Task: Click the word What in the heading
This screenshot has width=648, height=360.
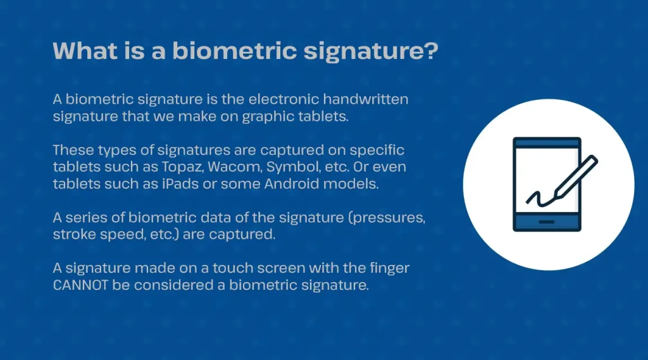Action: (x=85, y=51)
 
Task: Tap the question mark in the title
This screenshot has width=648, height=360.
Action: (x=431, y=50)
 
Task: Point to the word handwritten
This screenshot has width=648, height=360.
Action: (x=366, y=99)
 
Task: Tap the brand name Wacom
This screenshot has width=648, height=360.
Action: (x=234, y=167)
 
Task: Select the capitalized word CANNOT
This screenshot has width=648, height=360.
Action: (x=80, y=285)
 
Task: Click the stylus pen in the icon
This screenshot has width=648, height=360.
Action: (x=575, y=177)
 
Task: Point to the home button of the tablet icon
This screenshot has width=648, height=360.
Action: (x=547, y=222)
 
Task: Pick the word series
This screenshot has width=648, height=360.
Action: (x=95, y=218)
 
